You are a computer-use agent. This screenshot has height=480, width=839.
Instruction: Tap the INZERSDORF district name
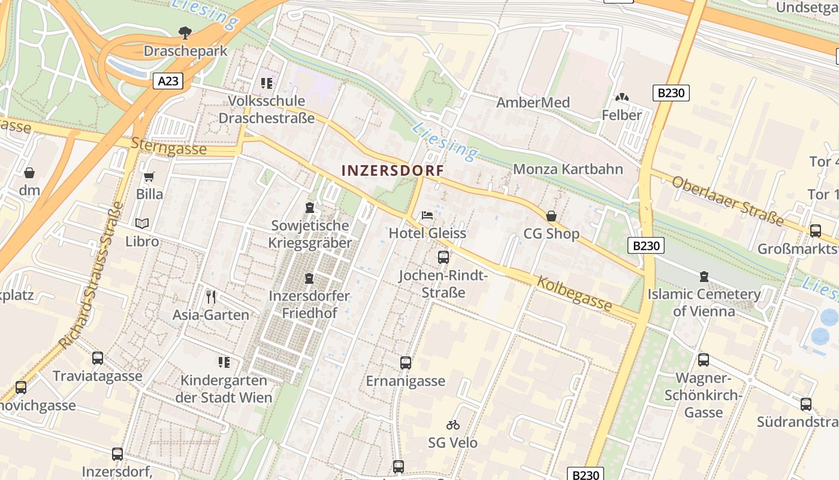[x=393, y=170]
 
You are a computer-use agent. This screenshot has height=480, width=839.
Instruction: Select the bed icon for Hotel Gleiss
[x=427, y=215]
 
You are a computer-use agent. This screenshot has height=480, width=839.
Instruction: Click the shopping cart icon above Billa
[x=149, y=177]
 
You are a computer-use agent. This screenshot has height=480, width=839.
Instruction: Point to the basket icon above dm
[x=29, y=173]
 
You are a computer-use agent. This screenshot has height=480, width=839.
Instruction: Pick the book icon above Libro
[x=142, y=224]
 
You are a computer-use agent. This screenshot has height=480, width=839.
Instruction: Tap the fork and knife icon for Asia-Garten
[x=210, y=296]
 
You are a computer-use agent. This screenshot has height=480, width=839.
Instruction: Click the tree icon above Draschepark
[x=185, y=32]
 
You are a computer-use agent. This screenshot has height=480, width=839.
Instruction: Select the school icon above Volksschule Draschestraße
[x=266, y=83]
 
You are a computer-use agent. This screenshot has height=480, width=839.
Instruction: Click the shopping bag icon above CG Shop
[x=551, y=216]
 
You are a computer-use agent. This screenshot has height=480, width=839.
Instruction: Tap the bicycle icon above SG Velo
[x=453, y=425]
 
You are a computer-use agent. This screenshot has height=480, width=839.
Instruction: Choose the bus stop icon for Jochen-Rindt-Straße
[x=443, y=257]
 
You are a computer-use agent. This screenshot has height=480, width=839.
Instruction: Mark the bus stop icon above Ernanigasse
[x=406, y=362]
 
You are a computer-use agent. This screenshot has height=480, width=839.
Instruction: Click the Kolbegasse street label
[x=575, y=293]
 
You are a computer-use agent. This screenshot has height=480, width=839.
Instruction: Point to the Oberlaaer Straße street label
[x=728, y=200]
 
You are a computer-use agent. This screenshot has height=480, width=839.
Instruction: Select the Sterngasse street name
[x=168, y=146]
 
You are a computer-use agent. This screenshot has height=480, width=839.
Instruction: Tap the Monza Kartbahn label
[x=568, y=169]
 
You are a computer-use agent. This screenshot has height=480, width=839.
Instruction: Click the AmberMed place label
[x=533, y=103]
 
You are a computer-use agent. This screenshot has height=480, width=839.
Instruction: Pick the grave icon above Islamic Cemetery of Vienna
[x=704, y=277]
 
